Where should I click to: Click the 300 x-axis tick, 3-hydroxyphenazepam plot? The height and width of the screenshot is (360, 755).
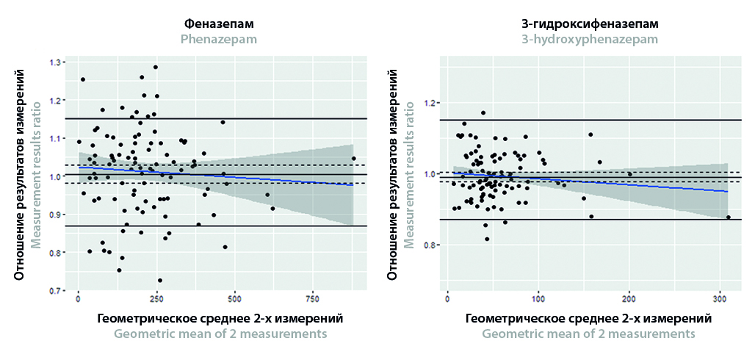tap(720, 301)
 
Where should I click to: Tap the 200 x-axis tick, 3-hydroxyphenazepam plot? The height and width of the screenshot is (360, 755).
tap(629, 301)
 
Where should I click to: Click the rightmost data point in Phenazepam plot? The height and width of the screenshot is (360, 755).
tap(353, 159)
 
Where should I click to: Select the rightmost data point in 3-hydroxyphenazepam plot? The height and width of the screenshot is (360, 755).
tap(728, 217)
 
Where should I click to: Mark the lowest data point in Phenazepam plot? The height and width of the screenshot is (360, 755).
tap(159, 281)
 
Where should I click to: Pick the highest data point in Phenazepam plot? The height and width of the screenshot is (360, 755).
tap(156, 68)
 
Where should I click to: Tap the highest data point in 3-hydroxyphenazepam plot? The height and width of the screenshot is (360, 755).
tap(483, 113)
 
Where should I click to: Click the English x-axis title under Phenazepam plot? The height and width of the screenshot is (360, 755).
tap(220, 334)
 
